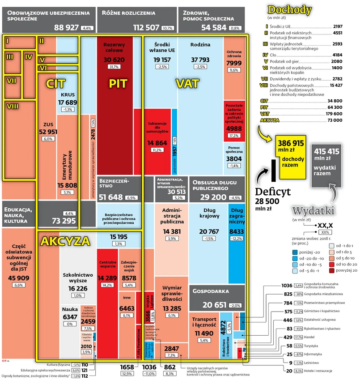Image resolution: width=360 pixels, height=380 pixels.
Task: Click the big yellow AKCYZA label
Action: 65,241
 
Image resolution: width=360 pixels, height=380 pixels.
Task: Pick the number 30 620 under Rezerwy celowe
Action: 114,60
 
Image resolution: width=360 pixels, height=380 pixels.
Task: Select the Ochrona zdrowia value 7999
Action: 235,64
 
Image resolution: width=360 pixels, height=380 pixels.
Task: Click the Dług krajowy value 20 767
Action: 209,231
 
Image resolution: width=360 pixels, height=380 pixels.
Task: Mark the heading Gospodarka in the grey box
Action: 211,292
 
